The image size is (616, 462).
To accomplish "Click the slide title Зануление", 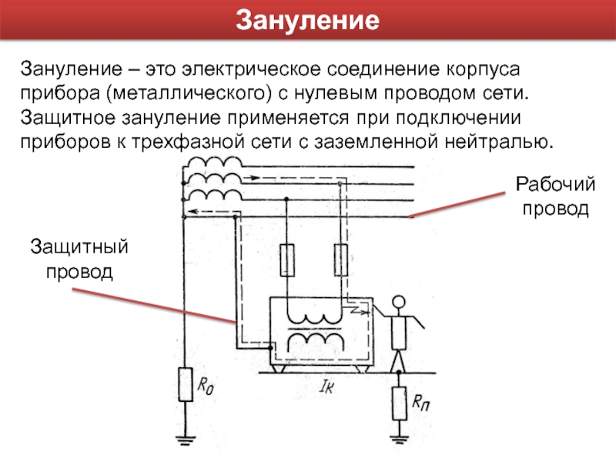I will click(307, 18).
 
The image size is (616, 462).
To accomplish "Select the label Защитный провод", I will click(79, 259).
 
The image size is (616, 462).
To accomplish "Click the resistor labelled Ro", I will click(185, 384).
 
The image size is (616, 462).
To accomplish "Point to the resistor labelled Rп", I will click(399, 403).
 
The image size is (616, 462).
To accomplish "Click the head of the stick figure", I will click(398, 303).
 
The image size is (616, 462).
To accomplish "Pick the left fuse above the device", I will click(286, 259).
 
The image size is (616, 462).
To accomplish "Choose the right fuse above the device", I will click(339, 259).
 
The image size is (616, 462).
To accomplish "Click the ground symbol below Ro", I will click(185, 441).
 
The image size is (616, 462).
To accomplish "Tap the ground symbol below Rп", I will click(399, 441).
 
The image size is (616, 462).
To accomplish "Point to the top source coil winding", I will click(214, 163).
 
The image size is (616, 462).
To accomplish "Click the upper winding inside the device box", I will click(316, 318).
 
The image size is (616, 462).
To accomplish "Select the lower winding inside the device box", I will click(316, 340).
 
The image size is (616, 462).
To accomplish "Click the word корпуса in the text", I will click(481, 70).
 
